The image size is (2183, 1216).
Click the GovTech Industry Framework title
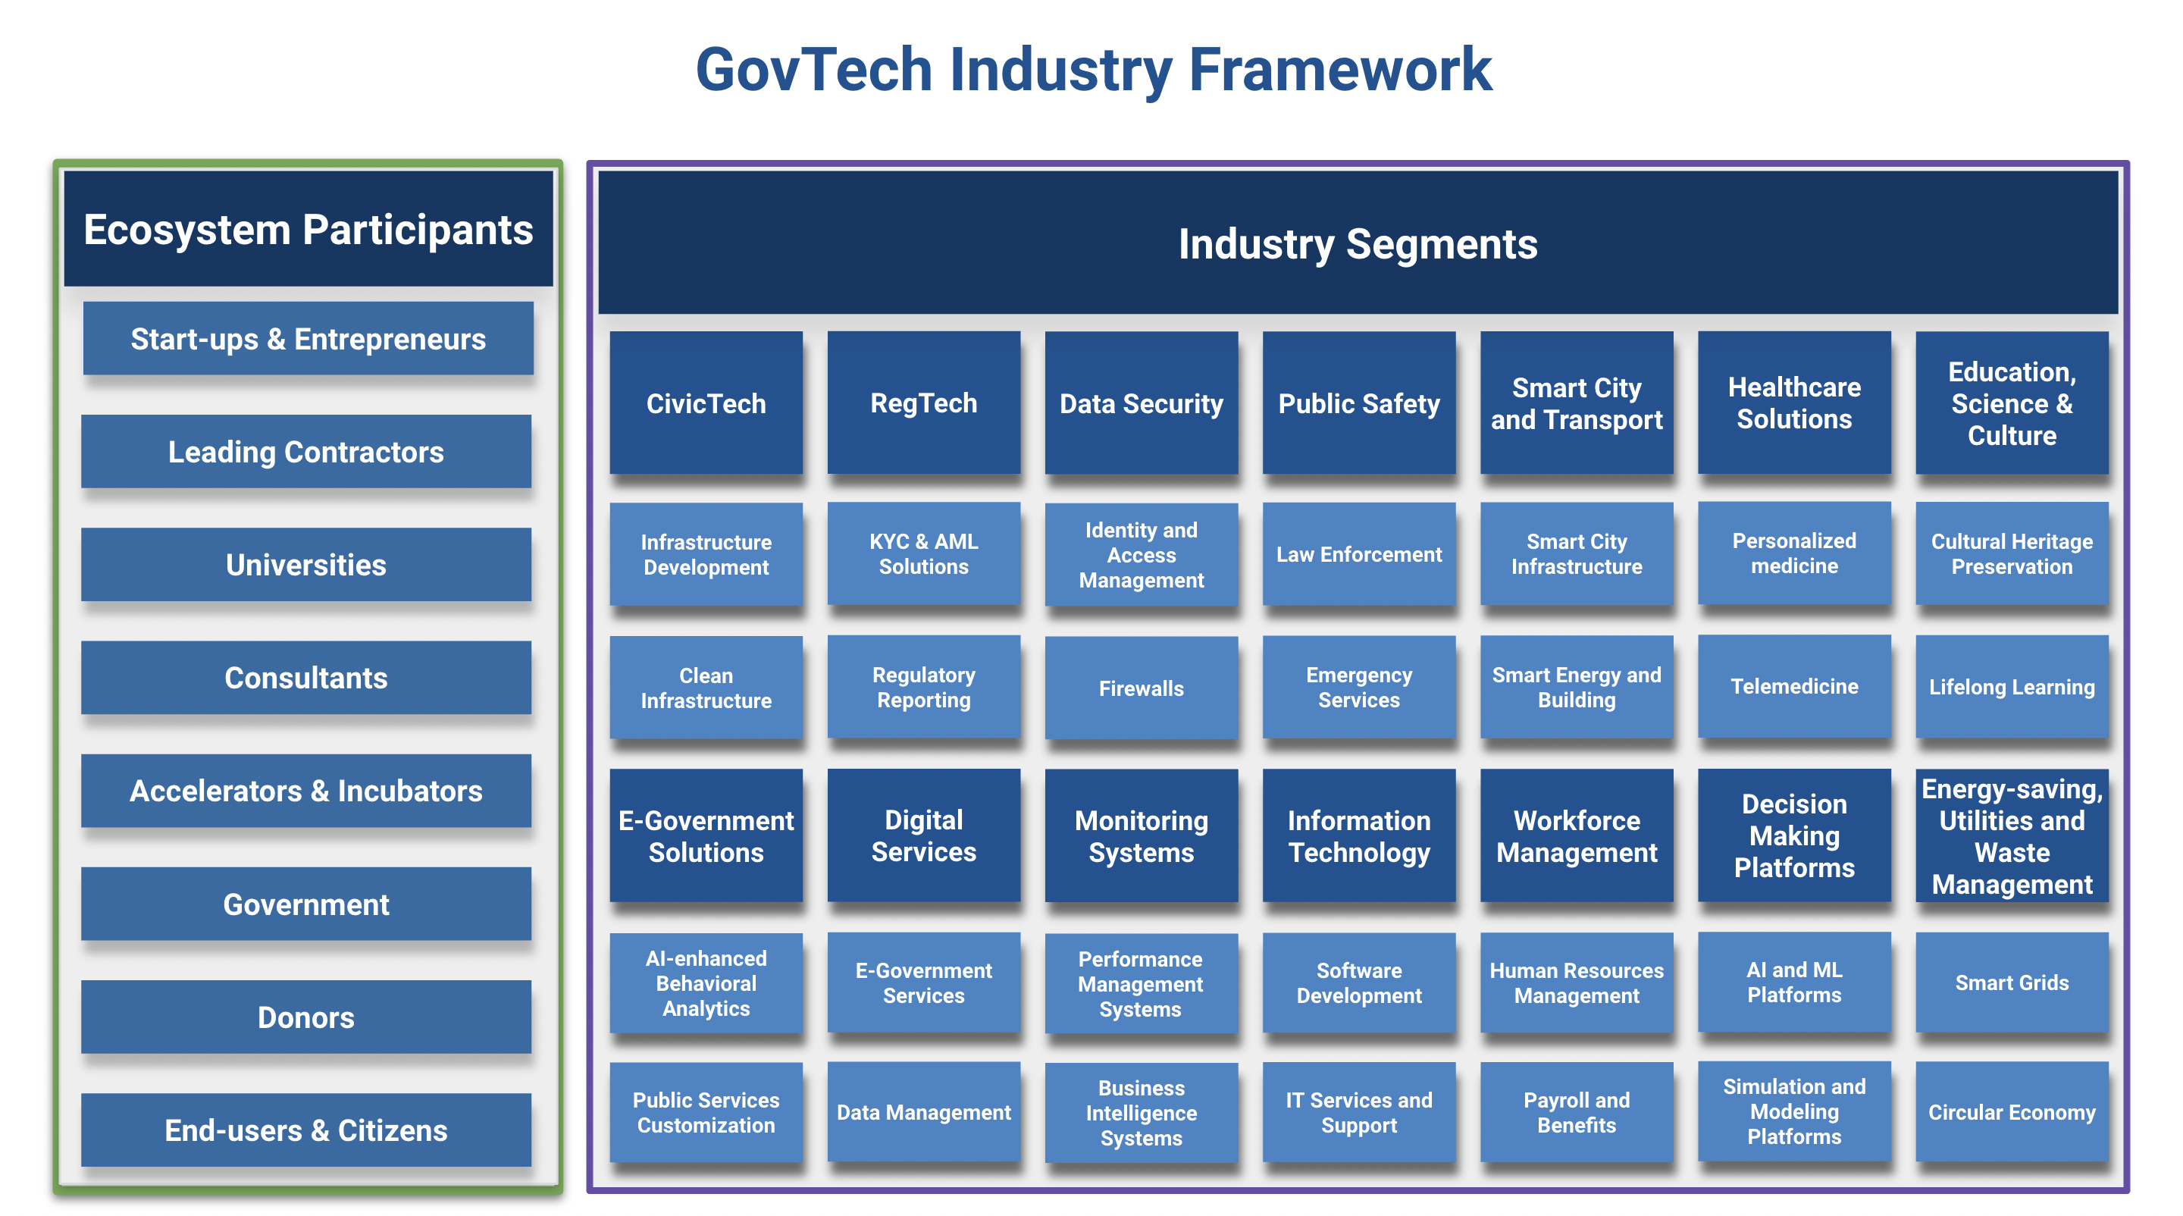tap(1093, 70)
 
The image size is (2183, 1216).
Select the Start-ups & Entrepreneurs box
tap(309, 338)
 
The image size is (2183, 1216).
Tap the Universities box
tap(306, 564)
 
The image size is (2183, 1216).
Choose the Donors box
tap(306, 1017)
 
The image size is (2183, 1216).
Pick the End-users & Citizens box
tap(306, 1130)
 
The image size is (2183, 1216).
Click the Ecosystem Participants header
tap(309, 229)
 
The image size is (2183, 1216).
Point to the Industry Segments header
tap(1358, 243)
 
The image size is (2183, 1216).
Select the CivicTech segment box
tap(706, 403)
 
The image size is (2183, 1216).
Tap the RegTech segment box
tap(924, 403)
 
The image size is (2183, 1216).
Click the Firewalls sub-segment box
tap(1142, 688)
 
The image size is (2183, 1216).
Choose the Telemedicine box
tap(1795, 686)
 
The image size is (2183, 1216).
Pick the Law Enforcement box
tap(1359, 553)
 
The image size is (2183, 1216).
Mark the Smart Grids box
tap(2012, 982)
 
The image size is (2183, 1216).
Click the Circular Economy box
tap(2012, 1112)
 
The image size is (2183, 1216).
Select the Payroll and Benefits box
tap(1577, 1112)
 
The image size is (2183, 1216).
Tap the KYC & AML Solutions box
tap(924, 553)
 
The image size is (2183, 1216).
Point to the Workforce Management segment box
tap(1577, 835)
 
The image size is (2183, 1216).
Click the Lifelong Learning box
tap(2012, 686)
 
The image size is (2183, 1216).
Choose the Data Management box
tap(924, 1112)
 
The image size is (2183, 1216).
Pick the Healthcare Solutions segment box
tap(1795, 403)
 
